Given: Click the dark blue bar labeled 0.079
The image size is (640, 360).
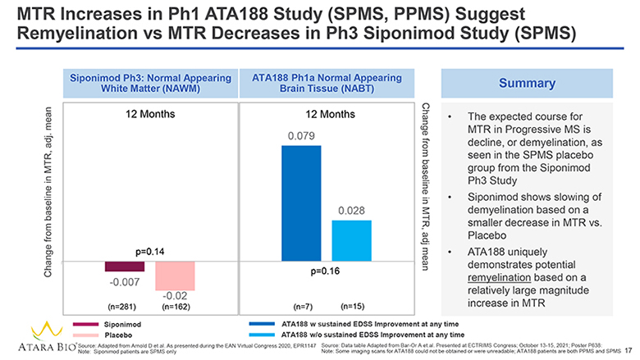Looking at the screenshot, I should point(300,203).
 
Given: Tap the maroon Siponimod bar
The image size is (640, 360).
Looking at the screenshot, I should point(125,267).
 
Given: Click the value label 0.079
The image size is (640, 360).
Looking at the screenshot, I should point(300,134).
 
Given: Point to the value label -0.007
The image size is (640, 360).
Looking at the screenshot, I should point(125,282).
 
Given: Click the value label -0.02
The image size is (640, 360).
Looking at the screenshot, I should point(176,295).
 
